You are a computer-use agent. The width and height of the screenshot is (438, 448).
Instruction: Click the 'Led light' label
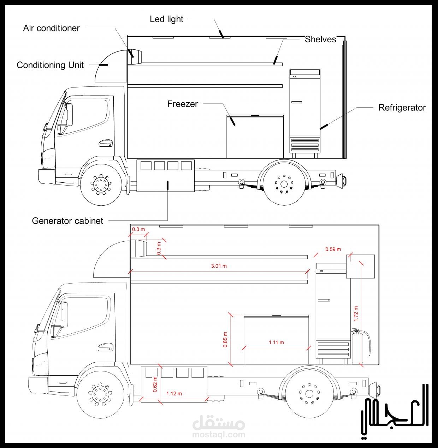[x=166, y=19]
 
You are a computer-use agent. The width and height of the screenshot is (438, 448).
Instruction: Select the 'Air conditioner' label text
[x=52, y=28]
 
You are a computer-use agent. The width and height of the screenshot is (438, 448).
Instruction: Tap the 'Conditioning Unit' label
[x=50, y=65]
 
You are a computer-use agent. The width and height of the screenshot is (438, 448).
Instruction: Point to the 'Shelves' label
[x=320, y=40]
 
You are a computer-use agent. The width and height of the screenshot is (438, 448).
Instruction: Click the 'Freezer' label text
[x=183, y=104]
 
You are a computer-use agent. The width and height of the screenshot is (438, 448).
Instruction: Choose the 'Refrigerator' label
[x=402, y=108]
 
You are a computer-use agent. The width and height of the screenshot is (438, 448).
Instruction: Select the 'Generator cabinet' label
[x=67, y=221]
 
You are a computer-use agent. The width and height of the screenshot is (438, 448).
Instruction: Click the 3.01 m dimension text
[x=219, y=266]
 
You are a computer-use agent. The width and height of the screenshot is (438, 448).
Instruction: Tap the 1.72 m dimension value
[x=356, y=314]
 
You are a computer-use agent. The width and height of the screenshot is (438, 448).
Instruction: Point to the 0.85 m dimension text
[x=225, y=340]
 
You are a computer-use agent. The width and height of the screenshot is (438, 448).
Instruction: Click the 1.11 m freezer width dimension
[x=276, y=342]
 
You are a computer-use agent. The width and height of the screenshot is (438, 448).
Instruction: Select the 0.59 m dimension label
[x=333, y=249]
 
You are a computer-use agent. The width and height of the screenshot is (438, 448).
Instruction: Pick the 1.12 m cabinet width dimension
[x=174, y=393]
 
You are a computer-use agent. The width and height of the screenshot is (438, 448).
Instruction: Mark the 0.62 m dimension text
[x=155, y=384]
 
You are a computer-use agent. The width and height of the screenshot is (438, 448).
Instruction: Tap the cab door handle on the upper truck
[x=106, y=143]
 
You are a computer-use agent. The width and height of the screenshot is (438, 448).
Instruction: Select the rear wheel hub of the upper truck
[x=284, y=184]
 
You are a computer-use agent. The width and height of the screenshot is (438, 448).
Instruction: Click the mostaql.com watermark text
[x=219, y=435]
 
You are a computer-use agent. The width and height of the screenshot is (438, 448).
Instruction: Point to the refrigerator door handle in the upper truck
[x=297, y=102]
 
